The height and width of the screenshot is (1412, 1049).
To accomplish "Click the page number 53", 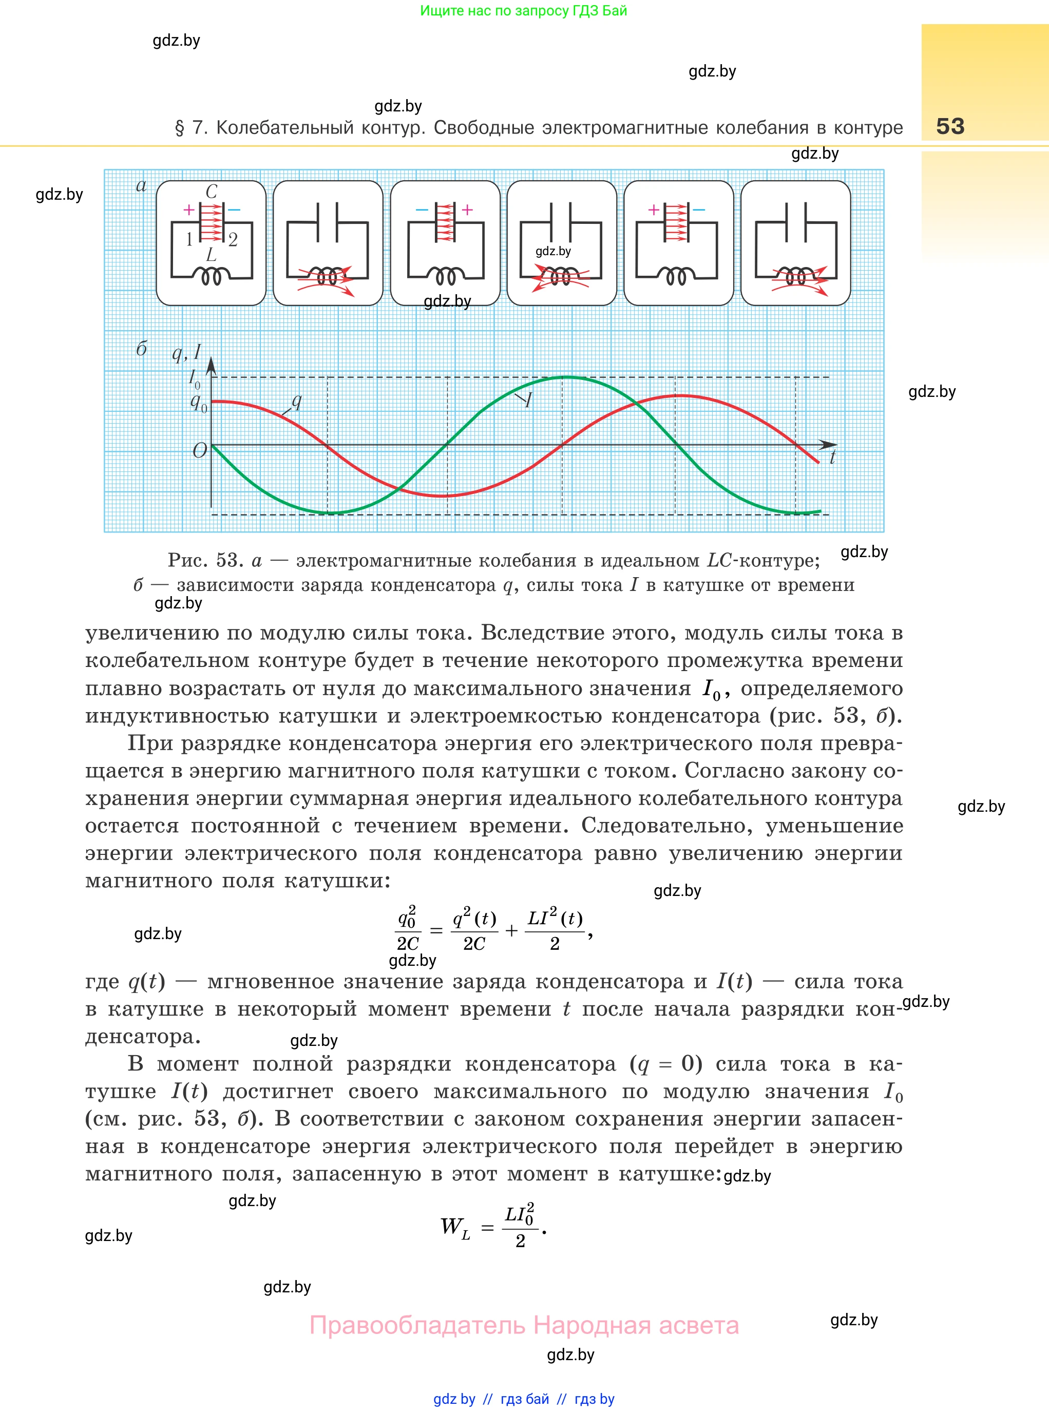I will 950,126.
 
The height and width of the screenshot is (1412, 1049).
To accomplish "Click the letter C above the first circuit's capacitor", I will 212,191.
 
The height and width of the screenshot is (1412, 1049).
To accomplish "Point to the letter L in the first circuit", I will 212,255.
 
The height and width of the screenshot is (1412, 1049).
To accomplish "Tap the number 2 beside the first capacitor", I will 233,239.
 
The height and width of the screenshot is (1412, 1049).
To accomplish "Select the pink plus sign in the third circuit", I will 467,209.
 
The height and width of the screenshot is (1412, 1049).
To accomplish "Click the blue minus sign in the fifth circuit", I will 699,209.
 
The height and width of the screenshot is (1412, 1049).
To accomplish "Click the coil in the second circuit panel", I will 327,277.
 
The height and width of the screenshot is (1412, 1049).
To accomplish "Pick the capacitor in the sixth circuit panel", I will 796,222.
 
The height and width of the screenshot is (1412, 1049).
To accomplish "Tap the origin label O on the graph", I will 199,450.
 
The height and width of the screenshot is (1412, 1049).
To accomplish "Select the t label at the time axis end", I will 832,457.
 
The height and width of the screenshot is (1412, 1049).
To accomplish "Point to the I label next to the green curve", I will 528,399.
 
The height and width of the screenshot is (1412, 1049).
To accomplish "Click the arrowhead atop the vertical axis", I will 212,365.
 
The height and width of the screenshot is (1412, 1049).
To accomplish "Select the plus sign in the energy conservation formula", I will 511,931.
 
